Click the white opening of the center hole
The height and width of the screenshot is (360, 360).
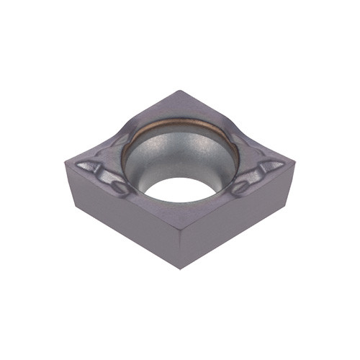180,189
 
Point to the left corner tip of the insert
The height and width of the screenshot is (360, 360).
66,163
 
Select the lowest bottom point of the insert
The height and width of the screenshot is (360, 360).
179,269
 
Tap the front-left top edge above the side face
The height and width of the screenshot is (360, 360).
122,194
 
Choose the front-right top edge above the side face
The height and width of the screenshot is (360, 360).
238,194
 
